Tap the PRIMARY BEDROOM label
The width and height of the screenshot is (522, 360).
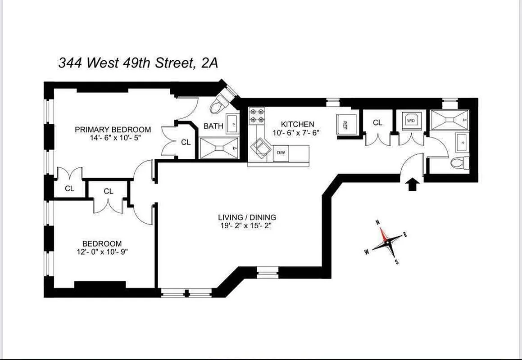(113, 130)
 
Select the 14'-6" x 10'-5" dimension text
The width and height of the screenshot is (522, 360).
(113, 138)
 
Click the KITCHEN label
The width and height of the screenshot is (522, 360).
(297, 124)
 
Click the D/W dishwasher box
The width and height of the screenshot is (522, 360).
(281, 153)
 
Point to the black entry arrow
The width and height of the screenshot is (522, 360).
(412, 184)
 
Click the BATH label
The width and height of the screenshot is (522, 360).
(213, 126)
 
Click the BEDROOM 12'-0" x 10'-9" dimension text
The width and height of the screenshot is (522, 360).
(102, 252)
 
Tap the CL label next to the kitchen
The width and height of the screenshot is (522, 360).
(377, 122)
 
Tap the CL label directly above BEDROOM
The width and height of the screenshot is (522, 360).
(108, 191)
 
